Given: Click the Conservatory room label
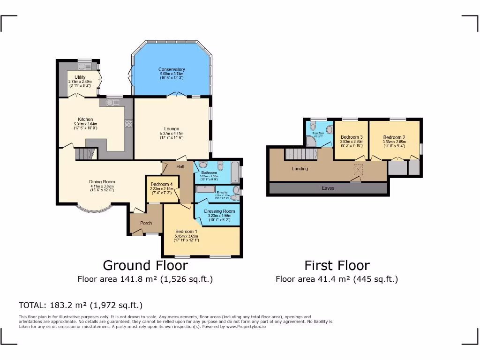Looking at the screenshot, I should pyautogui.click(x=172, y=69).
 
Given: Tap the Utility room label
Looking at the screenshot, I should pyautogui.click(x=80, y=77).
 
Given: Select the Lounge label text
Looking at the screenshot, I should pyautogui.click(x=172, y=129).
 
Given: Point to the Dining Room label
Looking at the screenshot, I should pyautogui.click(x=102, y=182).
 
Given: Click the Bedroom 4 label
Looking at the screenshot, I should pyautogui.click(x=161, y=184).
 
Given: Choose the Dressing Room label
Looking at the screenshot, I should pyautogui.click(x=219, y=211).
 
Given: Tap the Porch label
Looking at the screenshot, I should pyautogui.click(x=146, y=223).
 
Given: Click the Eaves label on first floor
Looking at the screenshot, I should pyautogui.click(x=328, y=188).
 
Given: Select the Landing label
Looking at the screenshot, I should pyautogui.click(x=300, y=168).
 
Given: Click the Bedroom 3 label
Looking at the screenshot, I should pyautogui.click(x=352, y=137).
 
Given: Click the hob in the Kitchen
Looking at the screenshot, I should pyautogui.click(x=128, y=123).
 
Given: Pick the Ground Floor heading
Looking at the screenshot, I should pyautogui.click(x=145, y=265).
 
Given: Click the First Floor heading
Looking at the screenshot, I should pyautogui.click(x=337, y=265).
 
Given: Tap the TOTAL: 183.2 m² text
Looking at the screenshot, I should pyautogui.click(x=80, y=305).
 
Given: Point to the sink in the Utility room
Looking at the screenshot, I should pyautogui.click(x=84, y=66).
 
